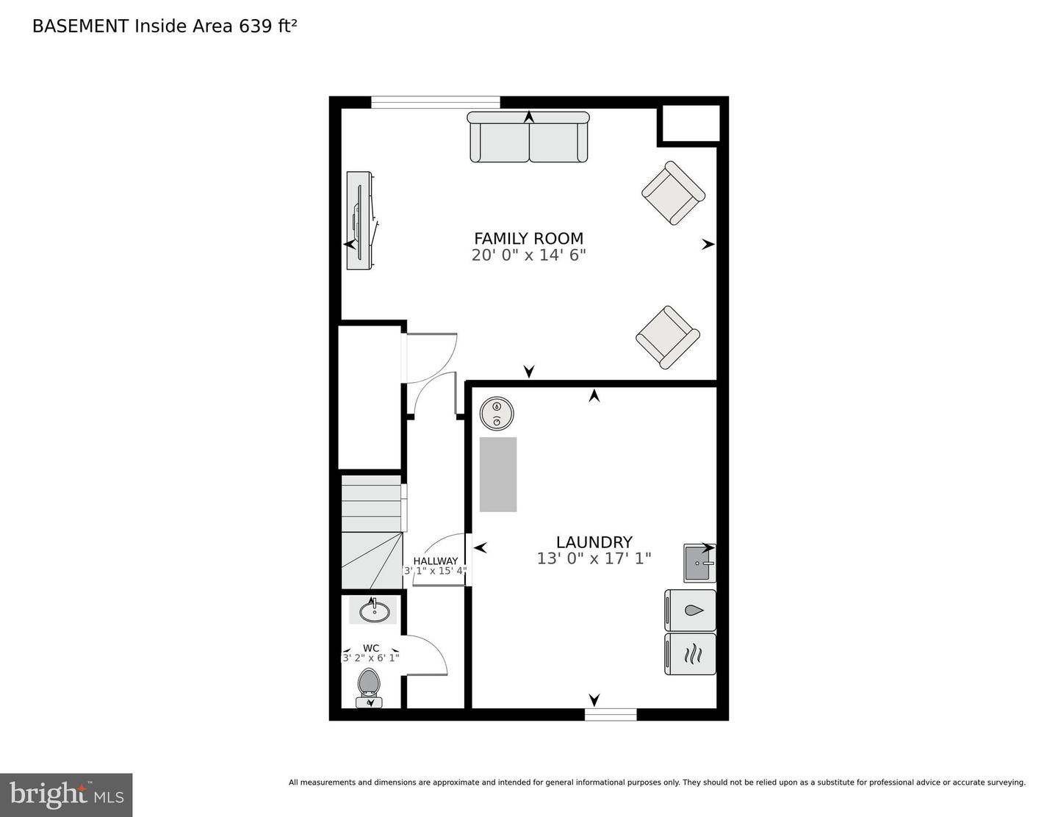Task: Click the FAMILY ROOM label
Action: (x=528, y=238)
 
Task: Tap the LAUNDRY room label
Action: (x=594, y=542)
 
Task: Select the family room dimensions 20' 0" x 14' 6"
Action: (x=528, y=256)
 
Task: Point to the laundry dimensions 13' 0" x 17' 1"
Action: (x=594, y=559)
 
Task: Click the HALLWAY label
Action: (x=435, y=561)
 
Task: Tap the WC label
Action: (x=371, y=648)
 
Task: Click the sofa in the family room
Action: (x=528, y=137)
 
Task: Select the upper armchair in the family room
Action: (x=673, y=193)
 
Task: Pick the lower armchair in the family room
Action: (x=667, y=337)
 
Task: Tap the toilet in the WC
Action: (x=369, y=685)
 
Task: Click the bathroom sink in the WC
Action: (x=373, y=610)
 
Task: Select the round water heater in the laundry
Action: (x=496, y=414)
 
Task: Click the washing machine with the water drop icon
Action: (x=691, y=611)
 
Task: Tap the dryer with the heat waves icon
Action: (x=691, y=654)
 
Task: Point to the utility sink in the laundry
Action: (x=699, y=563)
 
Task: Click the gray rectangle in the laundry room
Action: (x=498, y=475)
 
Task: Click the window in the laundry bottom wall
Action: (x=611, y=714)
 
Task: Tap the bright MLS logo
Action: (x=66, y=795)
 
